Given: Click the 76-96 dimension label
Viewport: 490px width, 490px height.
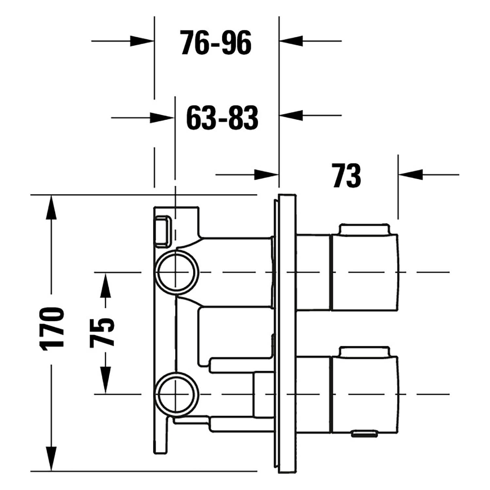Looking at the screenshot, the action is pyautogui.click(x=216, y=42).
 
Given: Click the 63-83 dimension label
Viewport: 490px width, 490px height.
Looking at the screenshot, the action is pyautogui.click(x=222, y=117).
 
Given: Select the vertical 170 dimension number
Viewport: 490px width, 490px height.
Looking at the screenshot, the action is pyautogui.click(x=51, y=329).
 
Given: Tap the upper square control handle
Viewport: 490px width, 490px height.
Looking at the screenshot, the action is pyautogui.click(x=366, y=272).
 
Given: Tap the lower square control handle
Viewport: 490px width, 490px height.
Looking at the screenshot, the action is pyautogui.click(x=366, y=394).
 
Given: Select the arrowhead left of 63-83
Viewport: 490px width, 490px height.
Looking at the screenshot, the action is pyautogui.click(x=162, y=117).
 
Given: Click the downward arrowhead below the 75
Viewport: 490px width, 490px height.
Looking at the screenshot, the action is pyautogui.click(x=105, y=381).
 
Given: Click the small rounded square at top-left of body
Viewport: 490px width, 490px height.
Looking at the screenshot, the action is pyautogui.click(x=163, y=231).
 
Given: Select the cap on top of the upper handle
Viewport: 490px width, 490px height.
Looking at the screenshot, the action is pyautogui.click(x=364, y=229).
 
